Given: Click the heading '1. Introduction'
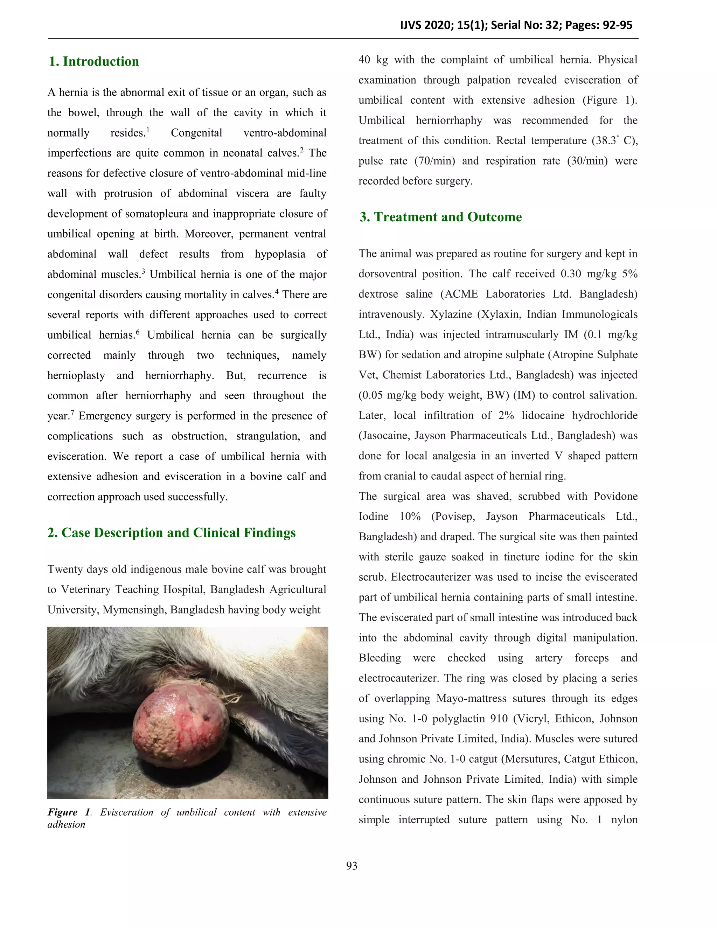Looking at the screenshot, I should click(x=94, y=62).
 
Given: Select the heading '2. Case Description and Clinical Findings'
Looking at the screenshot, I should click(x=171, y=533).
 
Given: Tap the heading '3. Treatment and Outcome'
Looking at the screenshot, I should click(x=440, y=217).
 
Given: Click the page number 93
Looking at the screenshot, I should click(x=352, y=866).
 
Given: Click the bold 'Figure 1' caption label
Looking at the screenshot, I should click(x=69, y=812).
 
